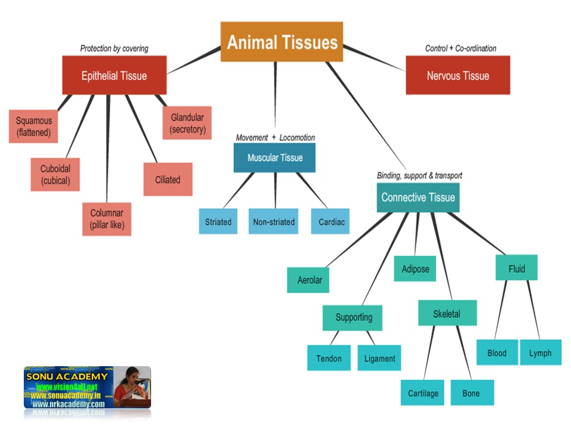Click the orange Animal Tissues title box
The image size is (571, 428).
click(282, 42)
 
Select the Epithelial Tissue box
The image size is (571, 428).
click(114, 75)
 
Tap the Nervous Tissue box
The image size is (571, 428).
click(457, 75)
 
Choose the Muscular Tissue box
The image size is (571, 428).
click(274, 158)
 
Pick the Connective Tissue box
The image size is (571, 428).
click(418, 197)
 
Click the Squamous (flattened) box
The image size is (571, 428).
click(34, 126)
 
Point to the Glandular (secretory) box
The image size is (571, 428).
click(187, 123)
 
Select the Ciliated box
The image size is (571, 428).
click(168, 179)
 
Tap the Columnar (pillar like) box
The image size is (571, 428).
click(107, 219)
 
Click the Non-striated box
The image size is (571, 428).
click(274, 222)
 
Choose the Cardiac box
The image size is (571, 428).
click(331, 222)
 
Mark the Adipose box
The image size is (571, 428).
click(415, 269)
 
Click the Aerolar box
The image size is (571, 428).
click(309, 279)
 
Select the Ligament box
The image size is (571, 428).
click(379, 358)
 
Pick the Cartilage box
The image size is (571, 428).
click(422, 393)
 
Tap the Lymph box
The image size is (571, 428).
click(540, 353)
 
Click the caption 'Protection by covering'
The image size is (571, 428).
click(114, 48)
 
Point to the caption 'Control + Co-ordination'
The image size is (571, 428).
click(460, 48)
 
